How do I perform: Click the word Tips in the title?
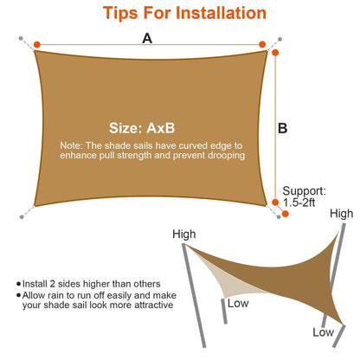[x=124, y=14]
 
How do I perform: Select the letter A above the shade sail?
[x=147, y=38]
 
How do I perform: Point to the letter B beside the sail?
[x=282, y=128]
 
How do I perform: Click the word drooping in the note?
[x=222, y=156]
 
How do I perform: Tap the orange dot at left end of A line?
[x=36, y=45]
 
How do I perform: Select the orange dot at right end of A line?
[x=261, y=45]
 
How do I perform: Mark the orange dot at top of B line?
[x=275, y=54]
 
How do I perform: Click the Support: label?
[x=304, y=190]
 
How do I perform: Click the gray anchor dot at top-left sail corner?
[x=21, y=38]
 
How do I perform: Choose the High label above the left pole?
[x=184, y=235]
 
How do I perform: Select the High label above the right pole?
[x=341, y=213]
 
